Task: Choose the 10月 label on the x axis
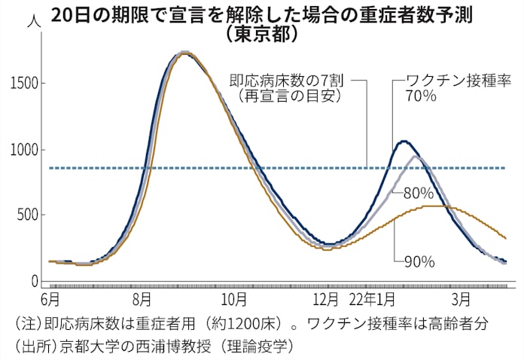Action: point(234,299)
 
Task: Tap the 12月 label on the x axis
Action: point(325,299)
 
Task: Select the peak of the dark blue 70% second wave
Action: point(404,141)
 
